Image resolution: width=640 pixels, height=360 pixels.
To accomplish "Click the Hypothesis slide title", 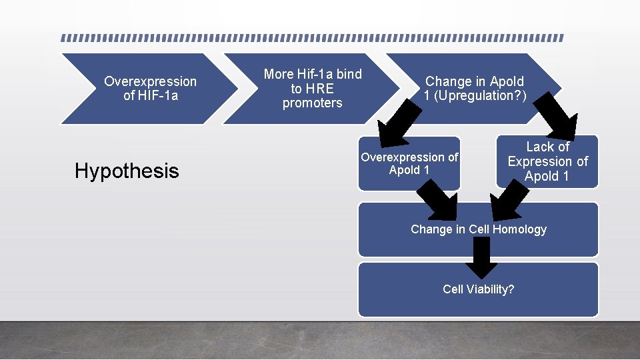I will point(127,171).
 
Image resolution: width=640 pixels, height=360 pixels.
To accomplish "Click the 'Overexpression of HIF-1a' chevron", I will point(150,89).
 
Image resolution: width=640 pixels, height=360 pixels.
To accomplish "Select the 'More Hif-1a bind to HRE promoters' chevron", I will point(312,89).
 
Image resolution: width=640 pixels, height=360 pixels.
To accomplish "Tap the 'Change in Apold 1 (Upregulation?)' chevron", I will point(475,89).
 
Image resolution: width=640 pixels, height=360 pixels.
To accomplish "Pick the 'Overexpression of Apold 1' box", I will point(409,164).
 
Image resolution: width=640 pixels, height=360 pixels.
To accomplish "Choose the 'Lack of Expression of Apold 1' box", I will point(547,161).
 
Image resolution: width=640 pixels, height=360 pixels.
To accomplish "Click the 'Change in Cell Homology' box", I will point(478,229).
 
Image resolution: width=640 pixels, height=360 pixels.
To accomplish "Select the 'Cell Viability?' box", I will point(478,289).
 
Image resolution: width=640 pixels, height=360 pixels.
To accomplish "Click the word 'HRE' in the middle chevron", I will point(320,89).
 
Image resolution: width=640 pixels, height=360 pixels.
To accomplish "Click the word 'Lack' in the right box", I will point(539,147).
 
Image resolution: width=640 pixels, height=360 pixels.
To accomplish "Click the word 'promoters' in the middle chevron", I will point(312,103).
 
